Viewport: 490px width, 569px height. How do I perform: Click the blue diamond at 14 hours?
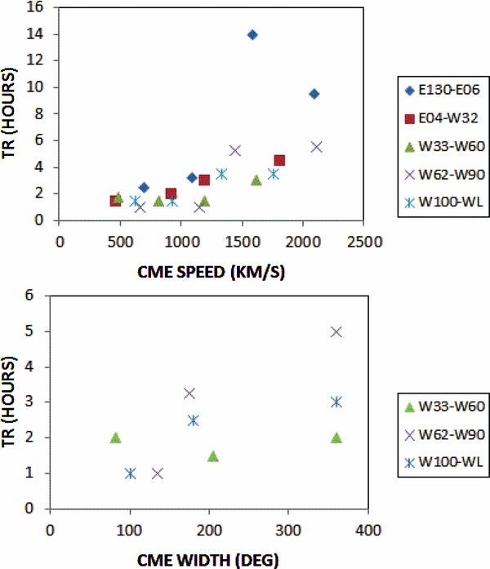(252, 35)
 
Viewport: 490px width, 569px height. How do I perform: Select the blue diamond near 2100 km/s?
(314, 94)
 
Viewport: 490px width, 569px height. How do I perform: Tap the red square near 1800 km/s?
(279, 161)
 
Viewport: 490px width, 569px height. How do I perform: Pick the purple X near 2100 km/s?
(317, 147)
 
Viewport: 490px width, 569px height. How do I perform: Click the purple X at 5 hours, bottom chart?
(336, 331)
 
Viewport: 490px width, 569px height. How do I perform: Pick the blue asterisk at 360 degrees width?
(336, 402)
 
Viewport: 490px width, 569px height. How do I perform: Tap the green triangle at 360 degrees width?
(336, 438)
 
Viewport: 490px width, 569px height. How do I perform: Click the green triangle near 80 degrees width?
(115, 438)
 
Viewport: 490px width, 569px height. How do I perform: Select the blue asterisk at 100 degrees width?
(130, 473)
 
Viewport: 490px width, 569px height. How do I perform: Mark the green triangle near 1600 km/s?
(256, 180)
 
